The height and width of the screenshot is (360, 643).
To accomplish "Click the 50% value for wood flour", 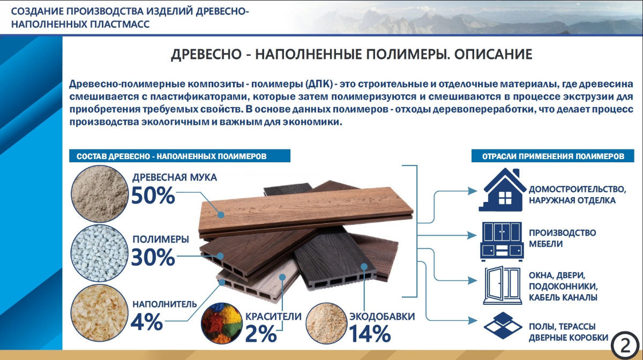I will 153,196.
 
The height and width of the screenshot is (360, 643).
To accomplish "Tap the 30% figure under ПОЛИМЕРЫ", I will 153,258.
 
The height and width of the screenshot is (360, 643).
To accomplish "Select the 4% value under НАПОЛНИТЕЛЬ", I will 146,321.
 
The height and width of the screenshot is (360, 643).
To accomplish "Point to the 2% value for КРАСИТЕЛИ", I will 261,334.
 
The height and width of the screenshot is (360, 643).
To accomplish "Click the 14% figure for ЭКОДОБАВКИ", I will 370,334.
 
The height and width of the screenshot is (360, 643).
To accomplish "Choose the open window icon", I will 503,284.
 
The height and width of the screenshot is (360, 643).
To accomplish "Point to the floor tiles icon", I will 503,326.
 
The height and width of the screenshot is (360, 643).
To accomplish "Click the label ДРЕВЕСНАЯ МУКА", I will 175,177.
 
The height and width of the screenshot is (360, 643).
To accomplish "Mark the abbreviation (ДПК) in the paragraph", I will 320,85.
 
